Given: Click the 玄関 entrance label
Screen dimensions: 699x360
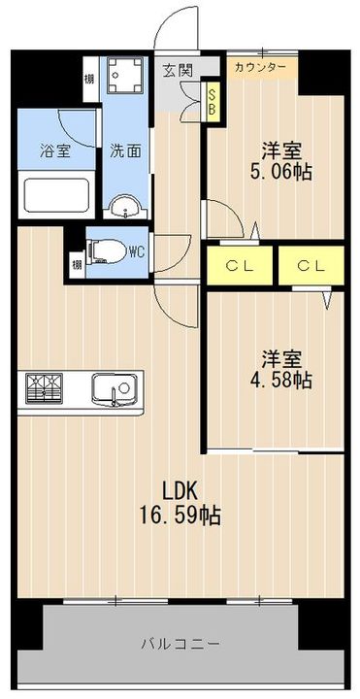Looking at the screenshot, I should point(177,70).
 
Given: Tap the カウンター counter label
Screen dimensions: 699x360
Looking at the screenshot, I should point(259,68).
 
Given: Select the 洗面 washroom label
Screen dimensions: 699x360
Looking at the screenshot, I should point(124,151).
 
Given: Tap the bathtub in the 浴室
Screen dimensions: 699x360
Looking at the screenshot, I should point(54,197).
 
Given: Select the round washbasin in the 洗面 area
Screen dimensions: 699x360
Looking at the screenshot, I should point(123,206).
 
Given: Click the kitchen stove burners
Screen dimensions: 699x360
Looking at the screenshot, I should point(44,388).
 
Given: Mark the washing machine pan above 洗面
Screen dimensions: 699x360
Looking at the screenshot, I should point(125,75).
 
